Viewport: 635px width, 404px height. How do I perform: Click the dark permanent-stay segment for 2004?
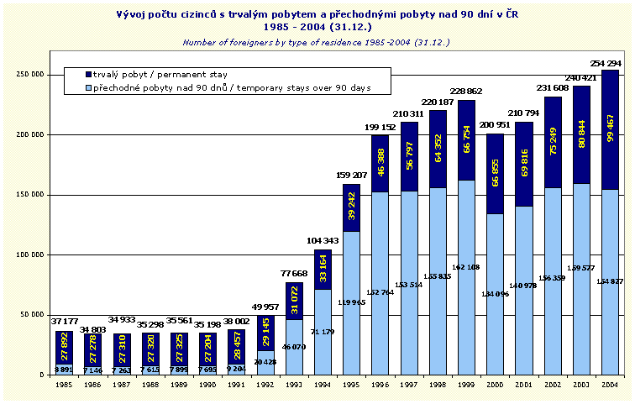[x=610, y=100]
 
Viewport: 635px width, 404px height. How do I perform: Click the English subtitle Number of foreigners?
[x=317, y=42]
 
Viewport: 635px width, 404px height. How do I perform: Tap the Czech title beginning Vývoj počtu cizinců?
[x=317, y=14]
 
